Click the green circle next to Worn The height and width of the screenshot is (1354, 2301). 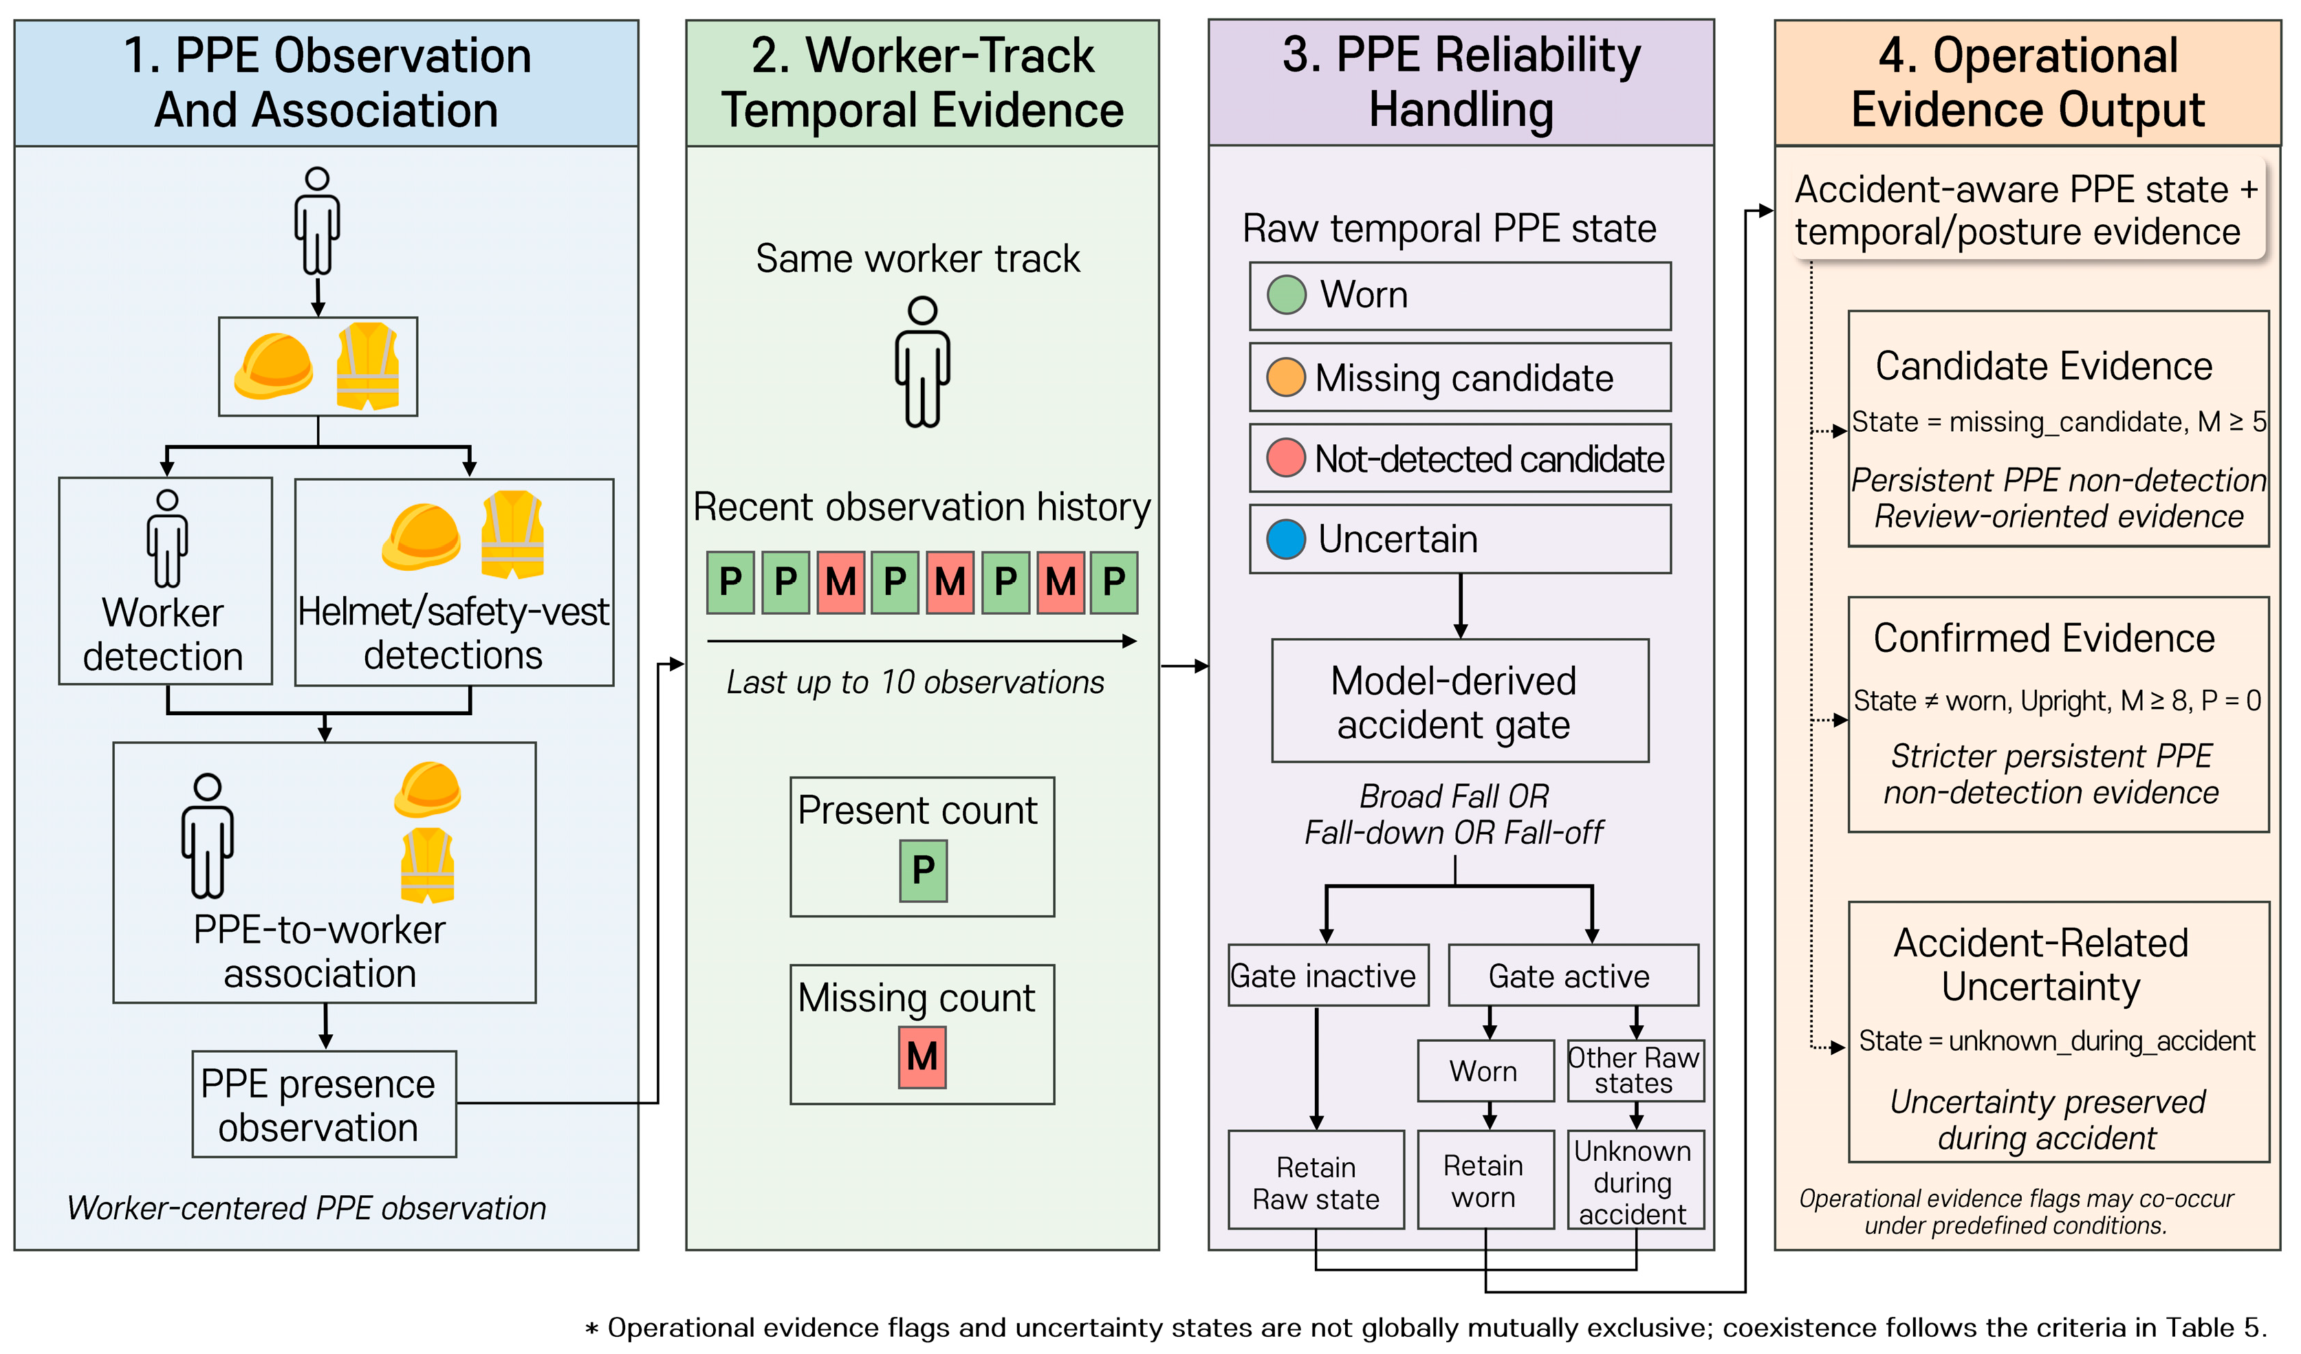[1287, 295]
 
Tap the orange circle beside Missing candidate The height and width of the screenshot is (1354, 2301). [1286, 377]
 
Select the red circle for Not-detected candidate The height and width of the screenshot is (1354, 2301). [1286, 457]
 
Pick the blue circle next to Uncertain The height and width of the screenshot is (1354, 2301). [1286, 538]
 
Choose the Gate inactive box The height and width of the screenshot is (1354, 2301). [1329, 975]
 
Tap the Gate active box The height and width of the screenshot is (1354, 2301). [1573, 975]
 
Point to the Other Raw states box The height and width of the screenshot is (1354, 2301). [1635, 1071]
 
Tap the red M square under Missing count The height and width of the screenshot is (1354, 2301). [922, 1057]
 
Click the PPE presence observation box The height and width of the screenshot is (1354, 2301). [324, 1105]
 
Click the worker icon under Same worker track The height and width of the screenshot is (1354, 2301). [922, 362]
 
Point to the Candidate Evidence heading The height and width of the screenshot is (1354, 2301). [2044, 366]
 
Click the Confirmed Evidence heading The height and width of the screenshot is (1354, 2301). [2044, 638]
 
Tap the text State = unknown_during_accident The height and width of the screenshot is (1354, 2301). [2056, 1041]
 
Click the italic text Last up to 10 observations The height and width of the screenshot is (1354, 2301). [915, 682]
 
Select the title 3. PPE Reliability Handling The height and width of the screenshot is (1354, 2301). [1461, 82]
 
